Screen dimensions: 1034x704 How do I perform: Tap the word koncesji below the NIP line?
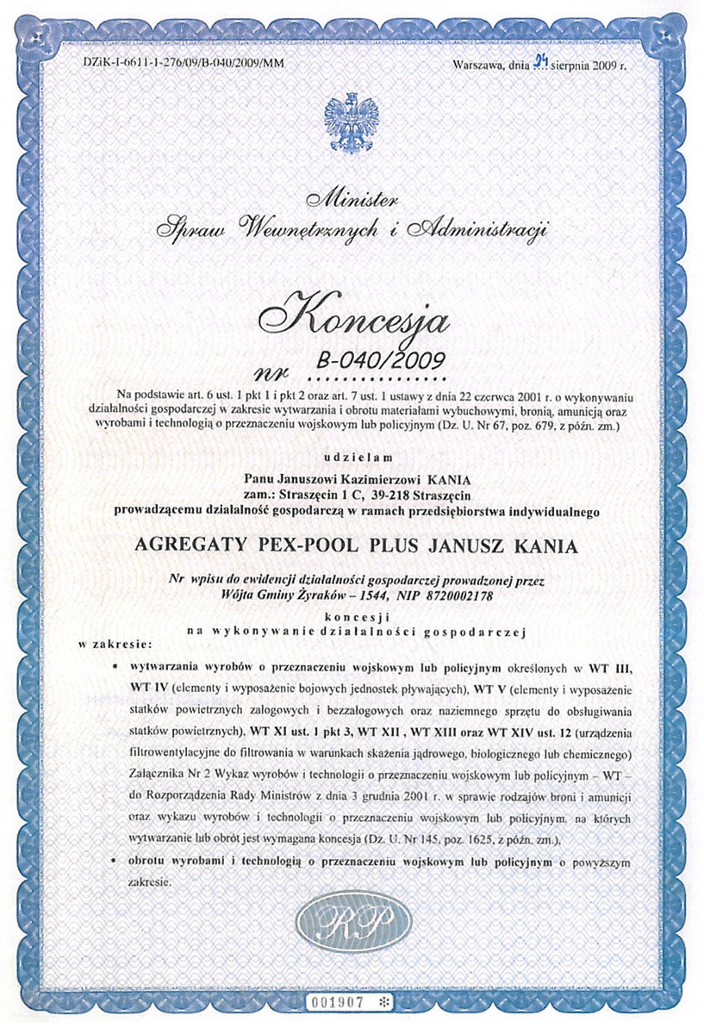[x=352, y=617]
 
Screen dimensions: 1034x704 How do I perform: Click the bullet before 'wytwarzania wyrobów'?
[x=116, y=667]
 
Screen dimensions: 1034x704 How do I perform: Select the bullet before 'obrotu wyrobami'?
[x=116, y=861]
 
